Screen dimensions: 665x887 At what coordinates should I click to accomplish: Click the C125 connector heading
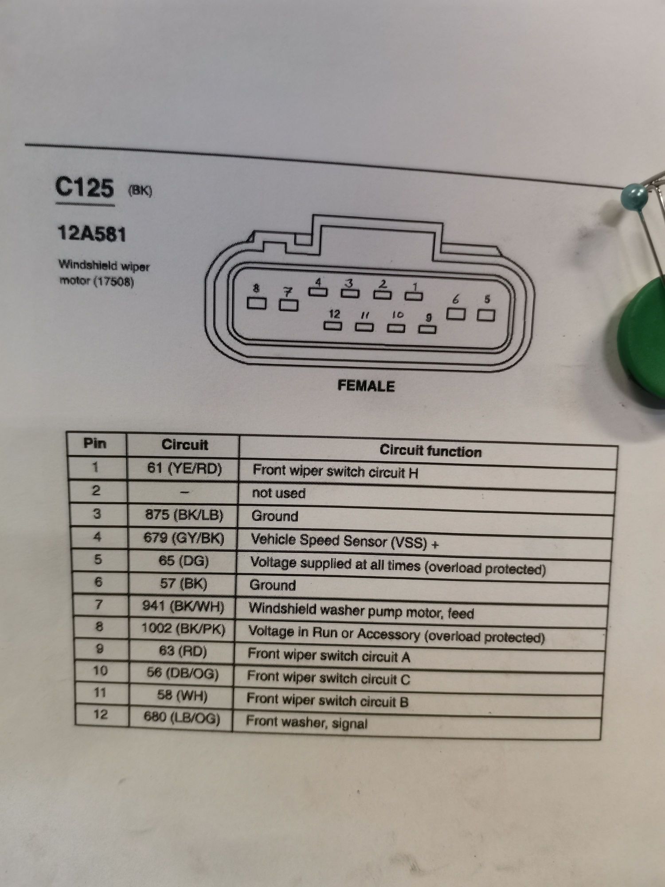point(84,188)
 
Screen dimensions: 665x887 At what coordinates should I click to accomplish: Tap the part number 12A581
point(92,234)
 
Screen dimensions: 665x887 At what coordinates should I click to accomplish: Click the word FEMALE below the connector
point(366,386)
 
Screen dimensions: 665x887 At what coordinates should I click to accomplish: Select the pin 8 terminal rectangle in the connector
point(257,303)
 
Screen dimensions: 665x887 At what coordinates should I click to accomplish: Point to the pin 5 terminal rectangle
point(485,315)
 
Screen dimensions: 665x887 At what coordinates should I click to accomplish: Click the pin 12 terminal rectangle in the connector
point(333,326)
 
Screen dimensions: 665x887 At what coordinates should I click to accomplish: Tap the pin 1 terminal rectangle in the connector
point(414,295)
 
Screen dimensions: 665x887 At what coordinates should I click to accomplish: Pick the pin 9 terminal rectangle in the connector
point(427,329)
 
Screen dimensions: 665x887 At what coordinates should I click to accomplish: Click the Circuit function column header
point(430,451)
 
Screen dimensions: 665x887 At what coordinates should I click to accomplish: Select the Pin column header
point(95,443)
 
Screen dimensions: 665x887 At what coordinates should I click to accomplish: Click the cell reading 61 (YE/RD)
point(184,468)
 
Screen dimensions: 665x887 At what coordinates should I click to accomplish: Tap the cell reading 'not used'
point(278,493)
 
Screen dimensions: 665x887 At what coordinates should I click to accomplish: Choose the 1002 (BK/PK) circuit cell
point(183,628)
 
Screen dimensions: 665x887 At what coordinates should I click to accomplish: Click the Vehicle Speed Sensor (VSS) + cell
point(344,541)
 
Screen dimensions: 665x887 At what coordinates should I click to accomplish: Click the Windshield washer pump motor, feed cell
point(361,611)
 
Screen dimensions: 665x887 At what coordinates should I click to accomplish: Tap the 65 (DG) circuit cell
point(184,561)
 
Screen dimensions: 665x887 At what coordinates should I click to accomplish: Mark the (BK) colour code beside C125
point(140,191)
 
